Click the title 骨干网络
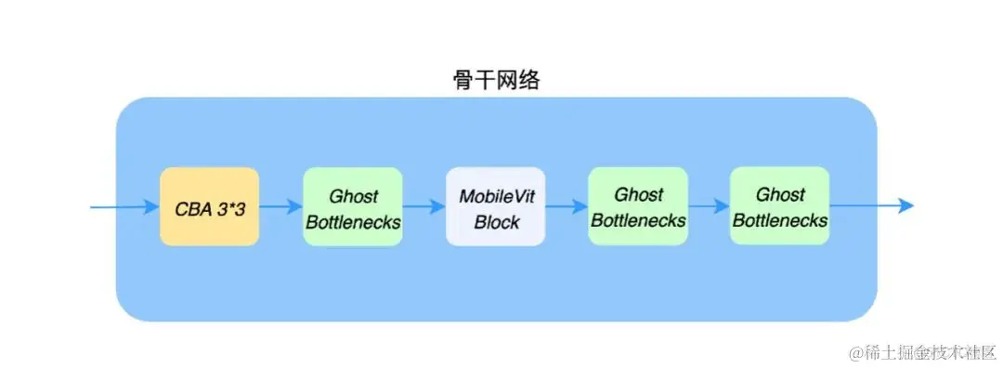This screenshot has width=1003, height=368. (x=491, y=80)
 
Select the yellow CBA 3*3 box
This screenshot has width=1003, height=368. (x=209, y=206)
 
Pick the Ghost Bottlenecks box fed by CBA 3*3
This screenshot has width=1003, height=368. (x=352, y=206)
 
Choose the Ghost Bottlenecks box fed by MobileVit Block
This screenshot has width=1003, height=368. (x=638, y=206)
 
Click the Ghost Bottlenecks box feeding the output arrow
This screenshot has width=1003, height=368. (x=780, y=206)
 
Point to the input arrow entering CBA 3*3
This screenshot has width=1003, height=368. (x=125, y=206)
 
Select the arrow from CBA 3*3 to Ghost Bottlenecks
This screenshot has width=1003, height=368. (x=280, y=206)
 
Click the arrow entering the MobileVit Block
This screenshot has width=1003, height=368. (x=423, y=206)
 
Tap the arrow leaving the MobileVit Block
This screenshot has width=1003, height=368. (x=566, y=206)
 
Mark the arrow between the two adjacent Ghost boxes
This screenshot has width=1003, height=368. (x=709, y=206)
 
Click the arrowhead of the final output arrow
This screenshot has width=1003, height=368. (x=907, y=206)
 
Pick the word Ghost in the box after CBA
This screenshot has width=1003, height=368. (x=353, y=196)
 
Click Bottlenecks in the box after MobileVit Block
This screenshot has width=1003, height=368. (x=638, y=221)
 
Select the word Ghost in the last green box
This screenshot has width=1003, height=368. (x=780, y=195)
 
